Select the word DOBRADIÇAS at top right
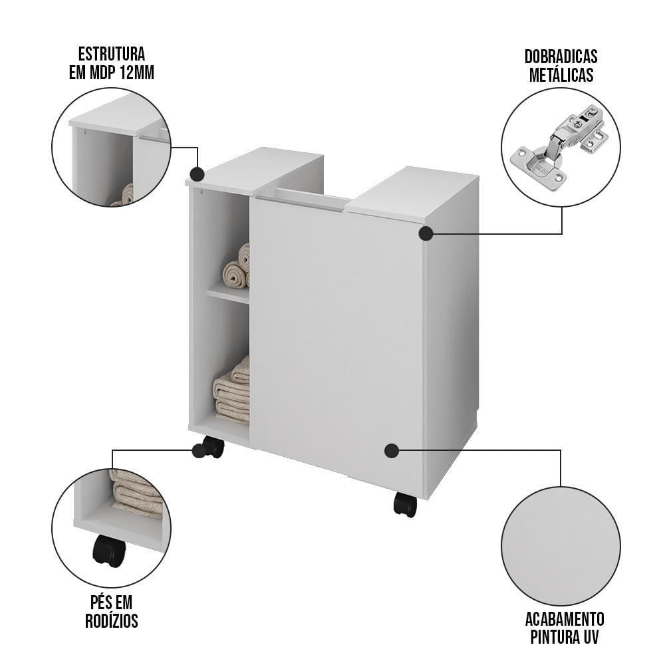[x=561, y=56]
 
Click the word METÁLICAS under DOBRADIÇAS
[x=561, y=75]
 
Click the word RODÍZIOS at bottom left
[x=111, y=621]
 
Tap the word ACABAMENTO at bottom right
[x=564, y=618]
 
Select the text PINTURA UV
[x=564, y=637]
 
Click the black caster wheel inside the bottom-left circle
[x=109, y=551]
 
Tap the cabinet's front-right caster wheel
[x=405, y=505]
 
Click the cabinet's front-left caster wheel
[x=213, y=447]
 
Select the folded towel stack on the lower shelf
[x=232, y=393]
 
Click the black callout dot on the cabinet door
[x=392, y=451]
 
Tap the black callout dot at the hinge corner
[x=426, y=233]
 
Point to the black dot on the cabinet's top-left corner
[x=197, y=174]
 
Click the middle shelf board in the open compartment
[x=228, y=292]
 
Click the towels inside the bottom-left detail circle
[x=137, y=493]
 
